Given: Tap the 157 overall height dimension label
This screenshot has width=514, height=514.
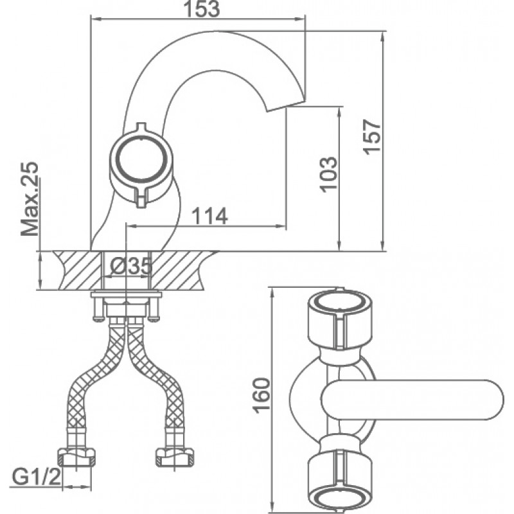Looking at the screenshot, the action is [x=372, y=136].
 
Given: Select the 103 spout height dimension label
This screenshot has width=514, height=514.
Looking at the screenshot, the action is [x=328, y=174].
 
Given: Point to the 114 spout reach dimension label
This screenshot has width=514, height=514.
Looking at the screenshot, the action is [x=209, y=216].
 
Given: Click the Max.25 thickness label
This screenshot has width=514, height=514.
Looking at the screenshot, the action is [x=30, y=199].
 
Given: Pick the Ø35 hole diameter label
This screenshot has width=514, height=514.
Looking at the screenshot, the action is [x=131, y=265].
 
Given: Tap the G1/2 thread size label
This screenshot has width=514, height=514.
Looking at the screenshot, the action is [x=37, y=477].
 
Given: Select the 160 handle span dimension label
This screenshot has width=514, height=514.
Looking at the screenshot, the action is [x=262, y=395].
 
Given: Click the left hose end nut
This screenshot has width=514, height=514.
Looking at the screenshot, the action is [x=76, y=457].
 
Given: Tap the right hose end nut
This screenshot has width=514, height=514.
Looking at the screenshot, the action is [x=174, y=457].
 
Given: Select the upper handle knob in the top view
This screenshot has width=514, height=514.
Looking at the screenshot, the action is [x=340, y=317].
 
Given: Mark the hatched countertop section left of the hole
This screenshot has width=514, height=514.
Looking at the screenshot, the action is [x=78, y=270].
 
